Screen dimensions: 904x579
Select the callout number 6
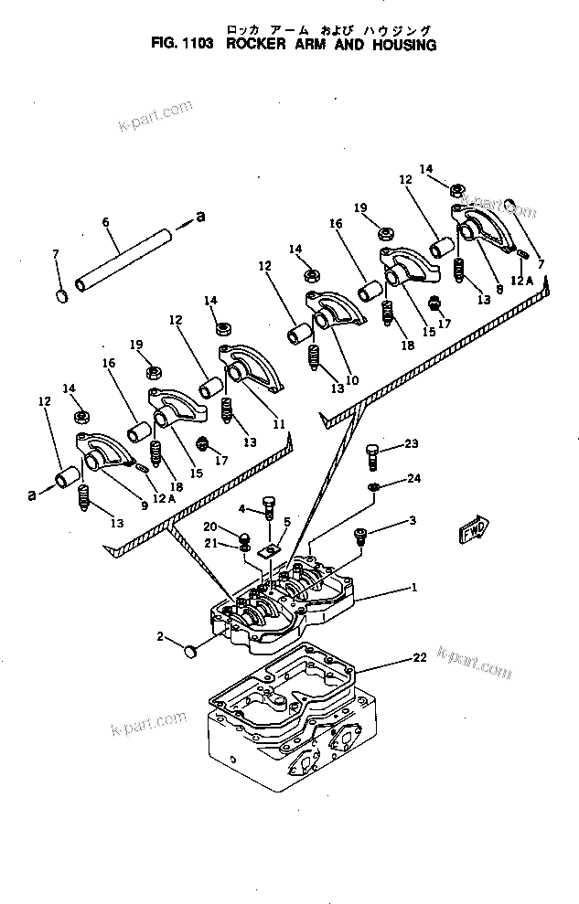pyautogui.click(x=105, y=222)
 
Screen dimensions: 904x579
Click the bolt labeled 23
pyautogui.click(x=372, y=450)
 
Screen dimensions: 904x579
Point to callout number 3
pyautogui.click(x=412, y=520)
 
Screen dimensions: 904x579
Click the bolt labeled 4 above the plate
pyautogui.click(x=270, y=505)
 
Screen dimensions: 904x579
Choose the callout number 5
pyautogui.click(x=286, y=523)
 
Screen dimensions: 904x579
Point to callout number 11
pyautogui.click(x=278, y=424)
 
